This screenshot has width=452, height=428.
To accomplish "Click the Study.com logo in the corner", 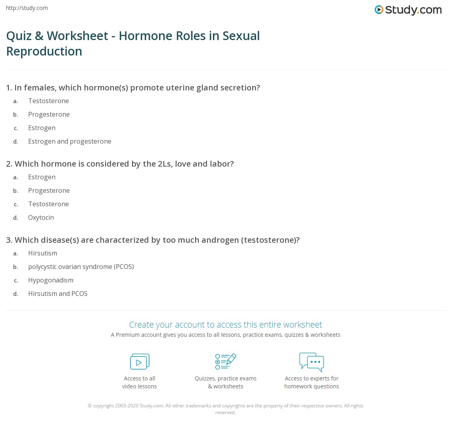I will click(x=408, y=10).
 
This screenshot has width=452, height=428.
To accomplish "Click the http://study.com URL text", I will click(x=27, y=8).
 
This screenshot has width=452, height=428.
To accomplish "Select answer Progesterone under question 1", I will click(x=49, y=114).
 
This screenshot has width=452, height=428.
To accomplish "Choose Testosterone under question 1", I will click(x=48, y=101).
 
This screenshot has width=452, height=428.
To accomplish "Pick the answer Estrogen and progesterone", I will click(x=69, y=141).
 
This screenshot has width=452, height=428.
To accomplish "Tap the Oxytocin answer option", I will click(x=41, y=217).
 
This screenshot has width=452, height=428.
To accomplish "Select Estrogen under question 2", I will click(x=42, y=177).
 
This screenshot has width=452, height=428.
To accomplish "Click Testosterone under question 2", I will click(x=48, y=204).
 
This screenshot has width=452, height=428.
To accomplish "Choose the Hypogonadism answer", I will click(x=51, y=280).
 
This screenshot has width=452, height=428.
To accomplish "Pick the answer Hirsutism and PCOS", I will click(x=57, y=294).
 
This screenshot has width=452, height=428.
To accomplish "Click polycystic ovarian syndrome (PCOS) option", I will click(x=81, y=267).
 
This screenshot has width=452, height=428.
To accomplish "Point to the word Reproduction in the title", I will click(x=44, y=51).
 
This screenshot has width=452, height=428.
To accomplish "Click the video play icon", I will click(x=140, y=361).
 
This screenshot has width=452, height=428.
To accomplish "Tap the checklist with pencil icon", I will click(x=226, y=361).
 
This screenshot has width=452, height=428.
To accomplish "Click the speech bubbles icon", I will click(x=312, y=361).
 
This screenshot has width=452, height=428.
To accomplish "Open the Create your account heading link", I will click(x=226, y=324).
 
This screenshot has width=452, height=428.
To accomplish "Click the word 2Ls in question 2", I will click(x=164, y=164).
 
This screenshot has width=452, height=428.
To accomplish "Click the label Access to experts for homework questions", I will click(x=312, y=382).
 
